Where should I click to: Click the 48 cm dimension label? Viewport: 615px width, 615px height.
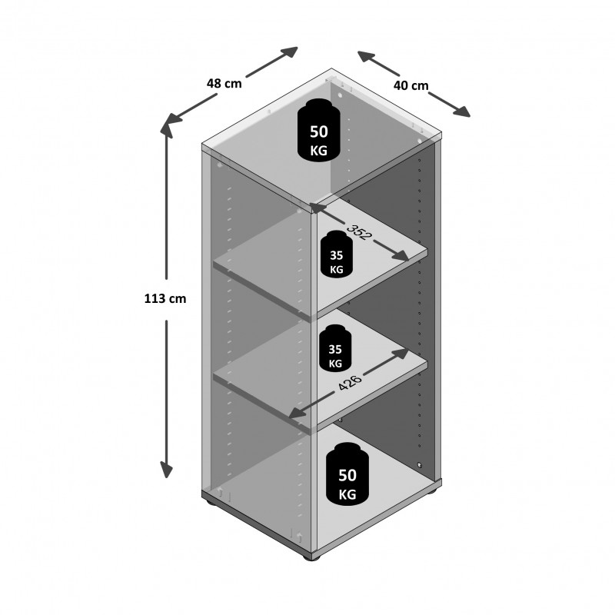pyautogui.click(x=224, y=83)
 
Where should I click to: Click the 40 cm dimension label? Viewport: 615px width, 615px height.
pyautogui.click(x=411, y=85)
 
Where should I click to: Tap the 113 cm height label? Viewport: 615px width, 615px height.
pyautogui.click(x=165, y=299)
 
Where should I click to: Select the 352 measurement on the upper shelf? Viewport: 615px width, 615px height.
pyautogui.click(x=359, y=232)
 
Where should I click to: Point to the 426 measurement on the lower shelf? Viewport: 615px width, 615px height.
pyautogui.click(x=350, y=382)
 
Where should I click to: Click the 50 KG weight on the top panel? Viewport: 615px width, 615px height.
pyautogui.click(x=318, y=130)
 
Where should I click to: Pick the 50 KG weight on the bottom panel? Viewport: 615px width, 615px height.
pyautogui.click(x=347, y=474)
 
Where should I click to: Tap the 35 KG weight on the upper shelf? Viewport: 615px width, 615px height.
pyautogui.click(x=337, y=254)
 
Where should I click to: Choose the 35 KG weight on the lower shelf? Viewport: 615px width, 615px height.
pyautogui.click(x=335, y=348)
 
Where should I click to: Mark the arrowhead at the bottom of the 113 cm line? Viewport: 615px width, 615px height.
pyautogui.click(x=167, y=470)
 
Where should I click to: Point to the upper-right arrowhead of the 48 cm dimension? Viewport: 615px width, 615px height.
pyautogui.click(x=291, y=52)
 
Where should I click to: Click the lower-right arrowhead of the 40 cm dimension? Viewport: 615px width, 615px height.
pyautogui.click(x=462, y=111)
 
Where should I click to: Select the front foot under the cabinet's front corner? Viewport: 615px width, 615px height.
pyautogui.click(x=312, y=557)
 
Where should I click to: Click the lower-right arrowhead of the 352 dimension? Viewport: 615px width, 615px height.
pyautogui.click(x=401, y=256)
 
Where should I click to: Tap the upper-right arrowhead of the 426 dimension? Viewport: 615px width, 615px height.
pyautogui.click(x=401, y=353)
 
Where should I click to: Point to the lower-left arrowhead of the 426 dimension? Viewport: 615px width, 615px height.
pyautogui.click(x=298, y=413)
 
